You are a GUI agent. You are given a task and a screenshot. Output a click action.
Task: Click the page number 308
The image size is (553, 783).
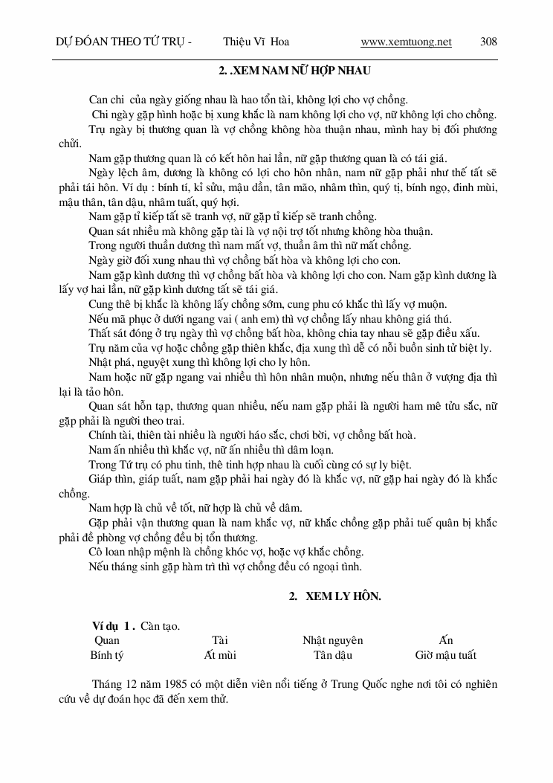488,42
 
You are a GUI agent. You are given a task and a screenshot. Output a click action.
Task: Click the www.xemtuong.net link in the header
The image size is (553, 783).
406,42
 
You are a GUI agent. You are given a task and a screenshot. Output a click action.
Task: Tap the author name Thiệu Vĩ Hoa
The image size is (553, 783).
256,42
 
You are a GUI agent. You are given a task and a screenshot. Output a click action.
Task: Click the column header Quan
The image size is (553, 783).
107,639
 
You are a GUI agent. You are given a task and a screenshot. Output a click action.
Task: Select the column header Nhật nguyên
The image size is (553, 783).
332,639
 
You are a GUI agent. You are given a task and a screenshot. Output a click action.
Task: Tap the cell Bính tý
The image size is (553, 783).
106,655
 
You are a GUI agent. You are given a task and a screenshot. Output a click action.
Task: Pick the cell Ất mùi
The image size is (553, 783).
220,655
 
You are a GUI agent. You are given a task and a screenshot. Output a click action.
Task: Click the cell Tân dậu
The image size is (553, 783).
332,655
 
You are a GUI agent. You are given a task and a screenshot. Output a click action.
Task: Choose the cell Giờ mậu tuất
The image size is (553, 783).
445,655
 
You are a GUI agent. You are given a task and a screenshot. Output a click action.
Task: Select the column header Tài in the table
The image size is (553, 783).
219,639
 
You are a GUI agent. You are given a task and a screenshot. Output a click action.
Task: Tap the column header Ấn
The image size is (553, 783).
445,639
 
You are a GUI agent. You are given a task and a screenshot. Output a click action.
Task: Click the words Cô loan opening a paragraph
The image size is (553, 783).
106,552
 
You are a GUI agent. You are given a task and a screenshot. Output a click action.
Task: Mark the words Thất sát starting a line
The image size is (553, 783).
108,332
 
